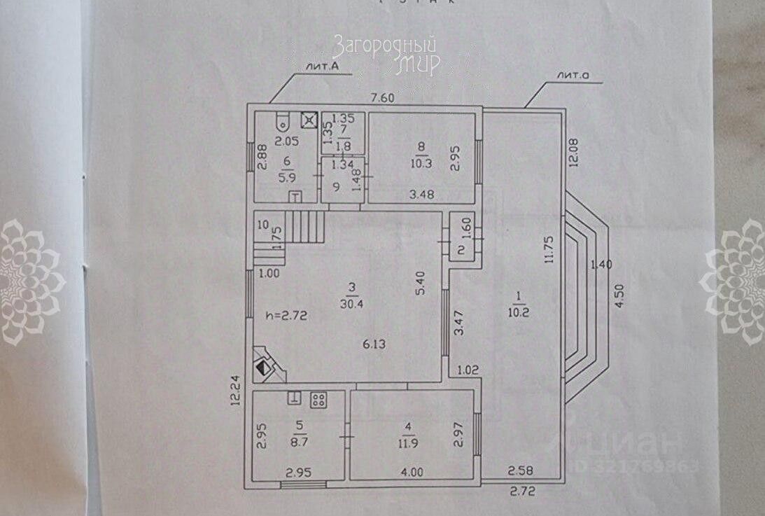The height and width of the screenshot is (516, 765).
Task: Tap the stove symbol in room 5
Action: pos(318,400)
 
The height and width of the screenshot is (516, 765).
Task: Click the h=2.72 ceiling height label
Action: pos(286,315)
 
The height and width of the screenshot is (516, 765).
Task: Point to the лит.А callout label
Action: pos(322,67)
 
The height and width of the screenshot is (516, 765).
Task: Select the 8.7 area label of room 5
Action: pos(300,443)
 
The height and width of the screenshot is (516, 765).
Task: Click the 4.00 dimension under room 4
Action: pos(412,472)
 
